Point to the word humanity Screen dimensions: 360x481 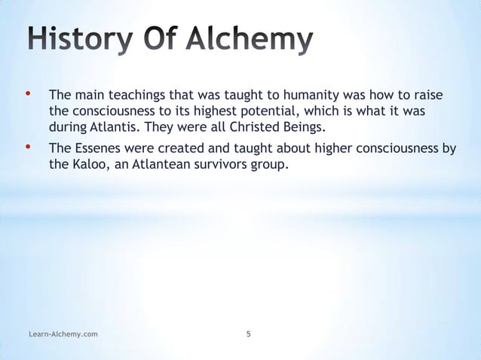(x=280, y=97)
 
